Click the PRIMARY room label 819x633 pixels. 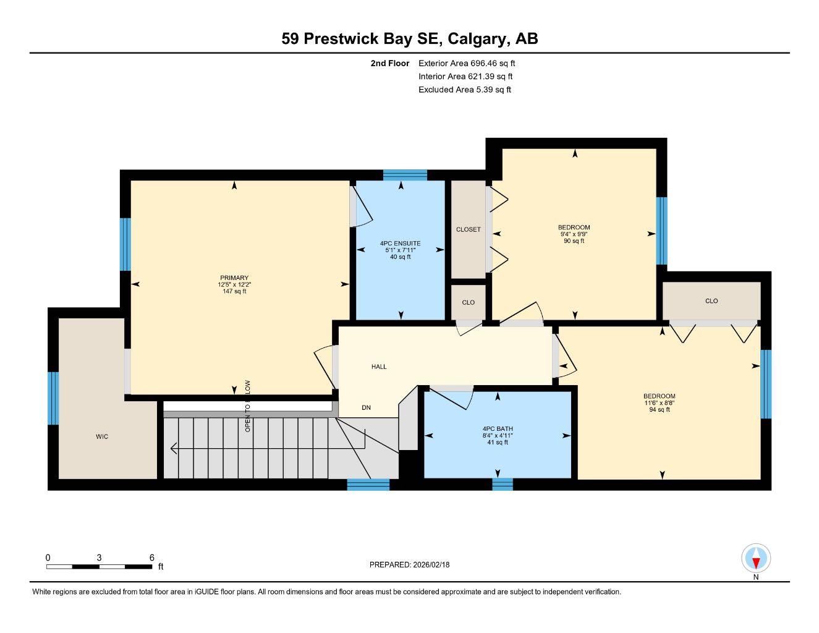point(234,278)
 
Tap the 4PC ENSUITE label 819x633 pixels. point(400,244)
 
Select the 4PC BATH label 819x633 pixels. point(498,429)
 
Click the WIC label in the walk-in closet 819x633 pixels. point(102,437)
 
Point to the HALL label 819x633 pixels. point(379,367)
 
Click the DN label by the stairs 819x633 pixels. point(367,408)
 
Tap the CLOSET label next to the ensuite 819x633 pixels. point(468,229)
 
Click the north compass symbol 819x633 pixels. point(756,559)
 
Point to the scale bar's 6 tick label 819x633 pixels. point(152,557)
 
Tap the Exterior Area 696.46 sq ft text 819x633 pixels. point(467,63)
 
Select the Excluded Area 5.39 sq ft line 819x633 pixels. point(464,90)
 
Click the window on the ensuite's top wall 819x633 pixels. point(405,175)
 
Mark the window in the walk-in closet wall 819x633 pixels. point(54,398)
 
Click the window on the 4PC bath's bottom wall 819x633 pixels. point(503,484)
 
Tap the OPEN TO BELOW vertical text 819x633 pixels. point(248,406)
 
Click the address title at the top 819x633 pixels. point(409,39)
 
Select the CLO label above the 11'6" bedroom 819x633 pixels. point(711,301)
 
